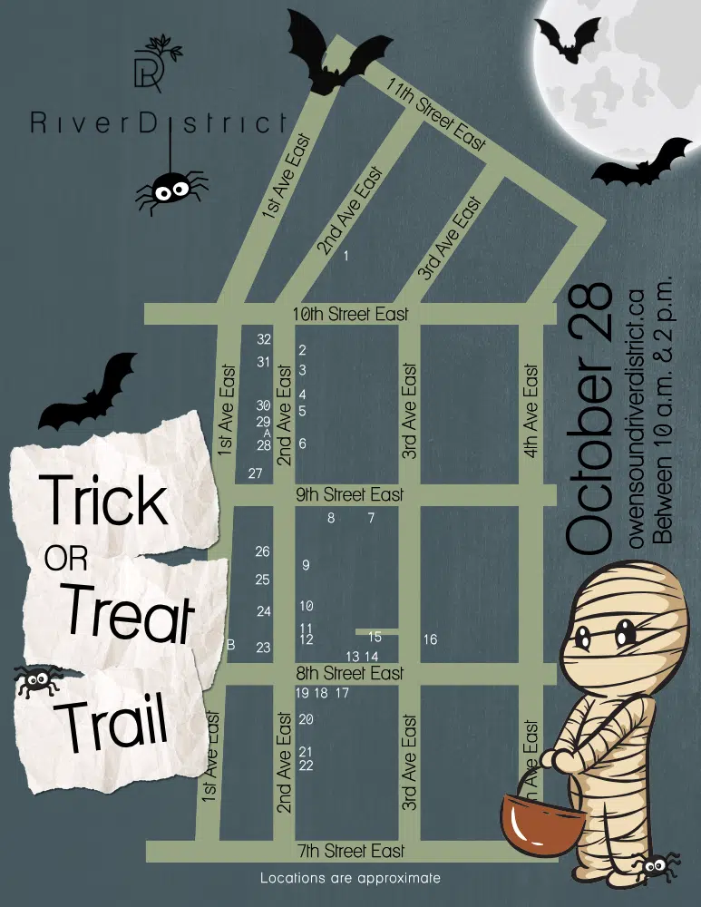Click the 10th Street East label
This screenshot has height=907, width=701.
pyautogui.click(x=351, y=314)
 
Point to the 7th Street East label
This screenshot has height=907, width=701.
pyautogui.click(x=351, y=851)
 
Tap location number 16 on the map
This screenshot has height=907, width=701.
pyautogui.click(x=430, y=639)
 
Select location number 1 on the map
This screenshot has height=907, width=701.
pyautogui.click(x=346, y=257)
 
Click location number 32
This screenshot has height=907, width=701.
pyautogui.click(x=264, y=339)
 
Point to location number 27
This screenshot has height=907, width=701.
pyautogui.click(x=255, y=473)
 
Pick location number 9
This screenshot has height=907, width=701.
pyautogui.click(x=306, y=565)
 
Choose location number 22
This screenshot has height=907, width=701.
pyautogui.click(x=306, y=766)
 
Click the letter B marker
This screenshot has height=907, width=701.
pyautogui.click(x=231, y=645)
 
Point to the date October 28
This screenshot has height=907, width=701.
pyautogui.click(x=590, y=417)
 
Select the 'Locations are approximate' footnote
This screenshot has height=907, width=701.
pyautogui.click(x=350, y=878)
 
